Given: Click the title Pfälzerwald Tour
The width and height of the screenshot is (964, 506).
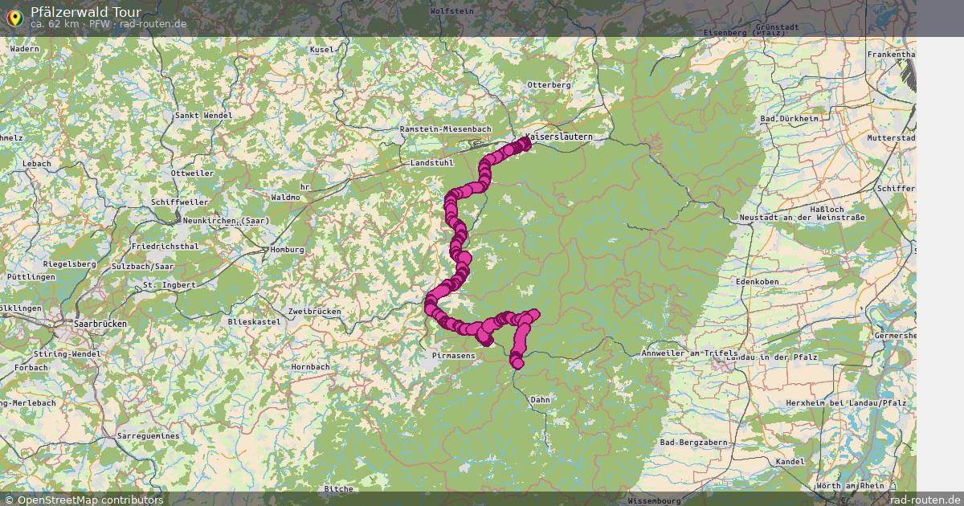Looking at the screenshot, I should coord(86,11).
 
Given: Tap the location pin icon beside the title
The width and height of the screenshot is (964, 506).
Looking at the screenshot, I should coord(14,17).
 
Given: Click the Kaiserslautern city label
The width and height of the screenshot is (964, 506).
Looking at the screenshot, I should coord(559,137).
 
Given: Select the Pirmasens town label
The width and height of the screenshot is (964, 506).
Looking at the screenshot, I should coord(453,354).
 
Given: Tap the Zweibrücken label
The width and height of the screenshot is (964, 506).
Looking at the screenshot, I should coord(314,311).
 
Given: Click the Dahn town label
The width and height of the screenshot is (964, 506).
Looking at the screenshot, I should coord(541,399).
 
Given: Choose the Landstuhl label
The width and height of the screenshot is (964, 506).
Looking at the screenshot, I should coord(432,163).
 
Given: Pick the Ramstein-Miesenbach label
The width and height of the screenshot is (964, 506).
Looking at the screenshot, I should coord(445,129).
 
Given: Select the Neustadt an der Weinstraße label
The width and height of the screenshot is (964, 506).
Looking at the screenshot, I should coord(800,218).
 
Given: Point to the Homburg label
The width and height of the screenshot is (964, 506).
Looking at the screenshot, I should coord(288,250).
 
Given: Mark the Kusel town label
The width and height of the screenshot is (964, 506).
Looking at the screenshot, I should coord(321,50).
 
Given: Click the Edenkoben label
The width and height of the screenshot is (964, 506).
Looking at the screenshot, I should coord(758,282).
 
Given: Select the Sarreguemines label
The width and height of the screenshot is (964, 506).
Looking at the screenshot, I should coord(149,435).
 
